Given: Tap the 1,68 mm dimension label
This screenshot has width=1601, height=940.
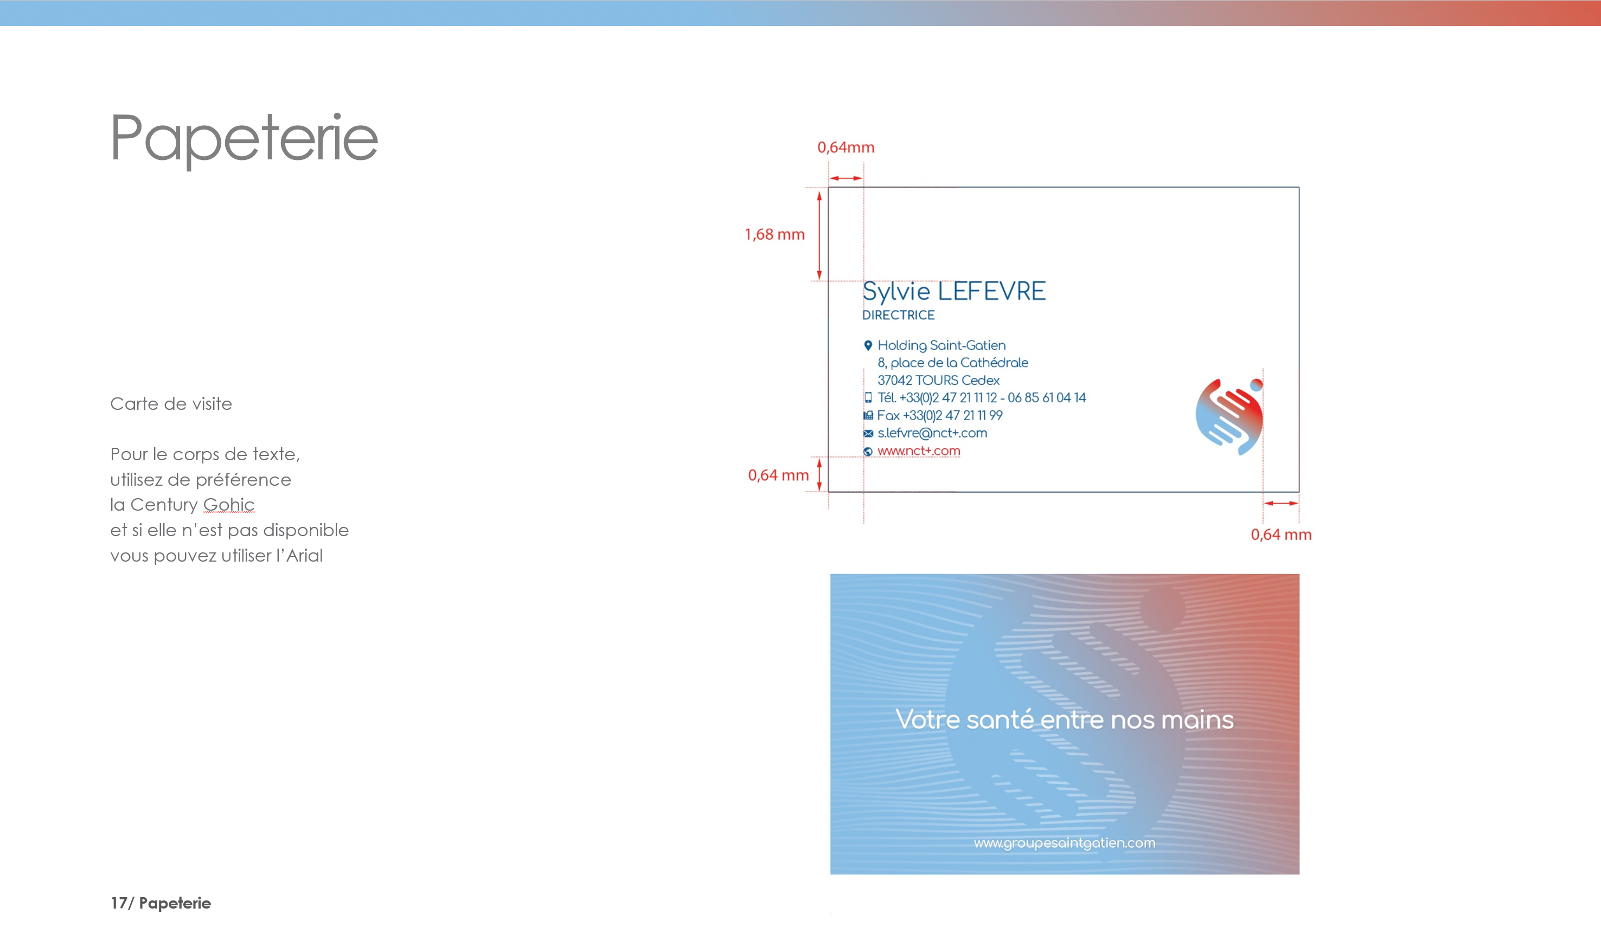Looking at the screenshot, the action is click(774, 234).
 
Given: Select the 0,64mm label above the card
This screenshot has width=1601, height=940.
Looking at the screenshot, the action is click(846, 147).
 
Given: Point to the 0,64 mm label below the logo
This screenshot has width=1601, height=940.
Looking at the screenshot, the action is click(1281, 534).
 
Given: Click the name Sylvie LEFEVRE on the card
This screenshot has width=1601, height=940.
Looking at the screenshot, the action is click(953, 292).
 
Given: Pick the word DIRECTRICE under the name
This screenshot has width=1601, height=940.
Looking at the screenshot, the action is click(898, 315).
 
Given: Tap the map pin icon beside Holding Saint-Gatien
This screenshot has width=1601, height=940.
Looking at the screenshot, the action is click(868, 345).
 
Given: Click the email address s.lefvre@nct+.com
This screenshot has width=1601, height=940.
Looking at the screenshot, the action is click(932, 433).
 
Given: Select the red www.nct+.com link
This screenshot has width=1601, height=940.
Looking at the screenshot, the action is click(919, 451).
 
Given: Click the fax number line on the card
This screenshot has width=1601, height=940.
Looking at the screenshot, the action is click(940, 415).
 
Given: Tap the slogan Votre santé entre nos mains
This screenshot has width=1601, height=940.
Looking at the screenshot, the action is click(1064, 719).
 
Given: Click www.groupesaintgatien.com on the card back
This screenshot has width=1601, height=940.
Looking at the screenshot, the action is click(1064, 843).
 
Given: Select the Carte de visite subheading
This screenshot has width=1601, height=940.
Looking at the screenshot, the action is click(171, 404).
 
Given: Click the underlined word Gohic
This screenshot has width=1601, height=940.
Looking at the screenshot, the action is click(229, 504).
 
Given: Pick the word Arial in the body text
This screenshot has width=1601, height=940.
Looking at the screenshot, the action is click(304, 556).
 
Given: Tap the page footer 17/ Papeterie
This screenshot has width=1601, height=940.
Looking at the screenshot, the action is click(161, 903).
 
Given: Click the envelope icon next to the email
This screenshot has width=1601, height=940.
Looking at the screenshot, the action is click(868, 434).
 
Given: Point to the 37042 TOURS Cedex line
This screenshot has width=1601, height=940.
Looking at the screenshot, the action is click(938, 381).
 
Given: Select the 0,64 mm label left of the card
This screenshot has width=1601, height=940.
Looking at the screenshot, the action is click(778, 475).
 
